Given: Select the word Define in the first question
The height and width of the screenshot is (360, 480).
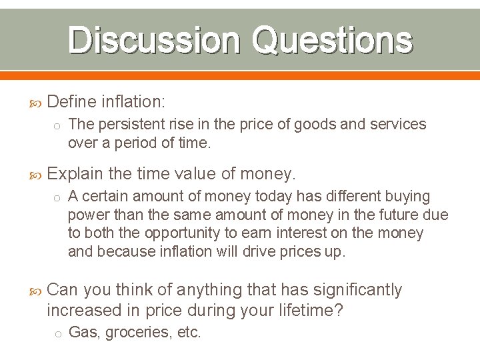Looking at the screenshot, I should coord(72,102).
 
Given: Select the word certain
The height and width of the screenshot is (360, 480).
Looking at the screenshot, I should coord(110,197).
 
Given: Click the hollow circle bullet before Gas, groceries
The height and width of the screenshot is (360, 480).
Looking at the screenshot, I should coord(58,333).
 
